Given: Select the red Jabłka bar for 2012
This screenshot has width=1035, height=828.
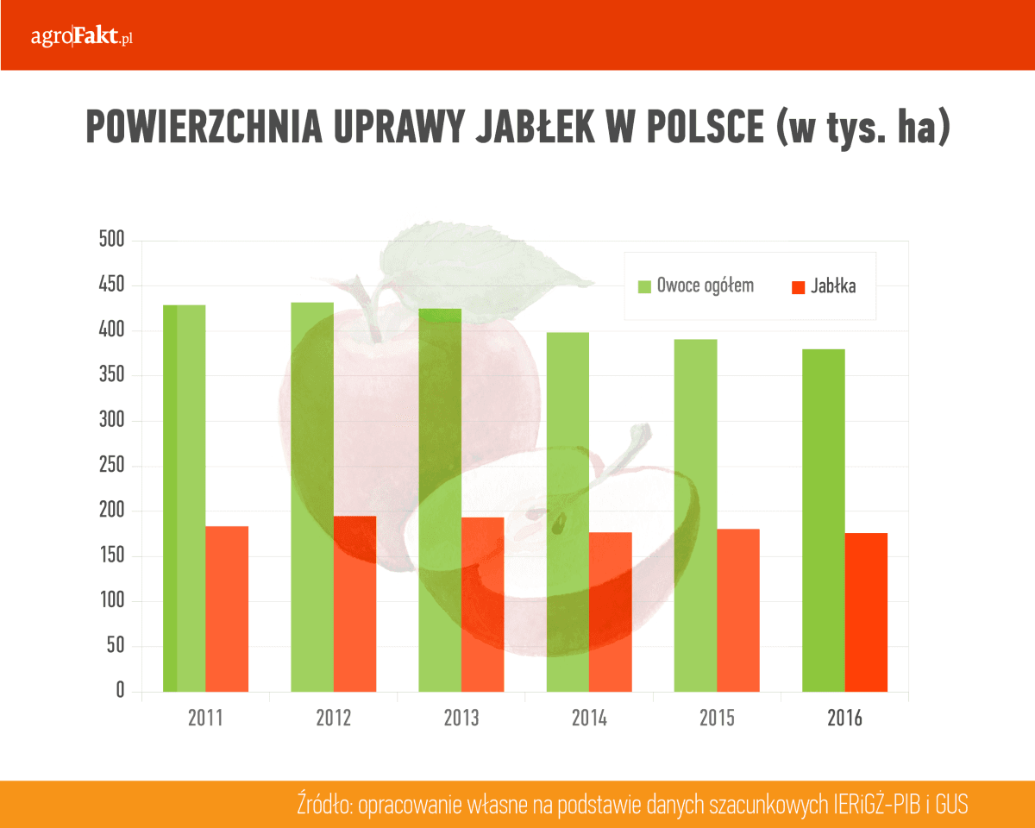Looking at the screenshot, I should tap(354, 604).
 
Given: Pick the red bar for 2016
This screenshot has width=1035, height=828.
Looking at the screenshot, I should tap(866, 612).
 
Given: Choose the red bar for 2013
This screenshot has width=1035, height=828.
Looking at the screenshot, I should tap(482, 604).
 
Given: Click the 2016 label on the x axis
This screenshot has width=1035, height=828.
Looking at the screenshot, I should tap(844, 718).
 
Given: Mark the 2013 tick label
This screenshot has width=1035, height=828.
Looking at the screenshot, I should tap(461, 718).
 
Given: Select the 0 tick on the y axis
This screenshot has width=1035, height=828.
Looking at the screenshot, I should tap(120, 691).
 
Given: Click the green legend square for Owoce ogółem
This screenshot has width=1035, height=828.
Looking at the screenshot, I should tap(644, 286).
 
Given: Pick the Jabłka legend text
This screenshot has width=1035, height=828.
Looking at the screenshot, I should tap(833, 286).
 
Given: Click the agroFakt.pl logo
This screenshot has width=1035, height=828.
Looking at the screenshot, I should tap(81, 36).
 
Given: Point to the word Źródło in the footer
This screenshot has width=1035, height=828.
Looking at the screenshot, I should tap(323, 805).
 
